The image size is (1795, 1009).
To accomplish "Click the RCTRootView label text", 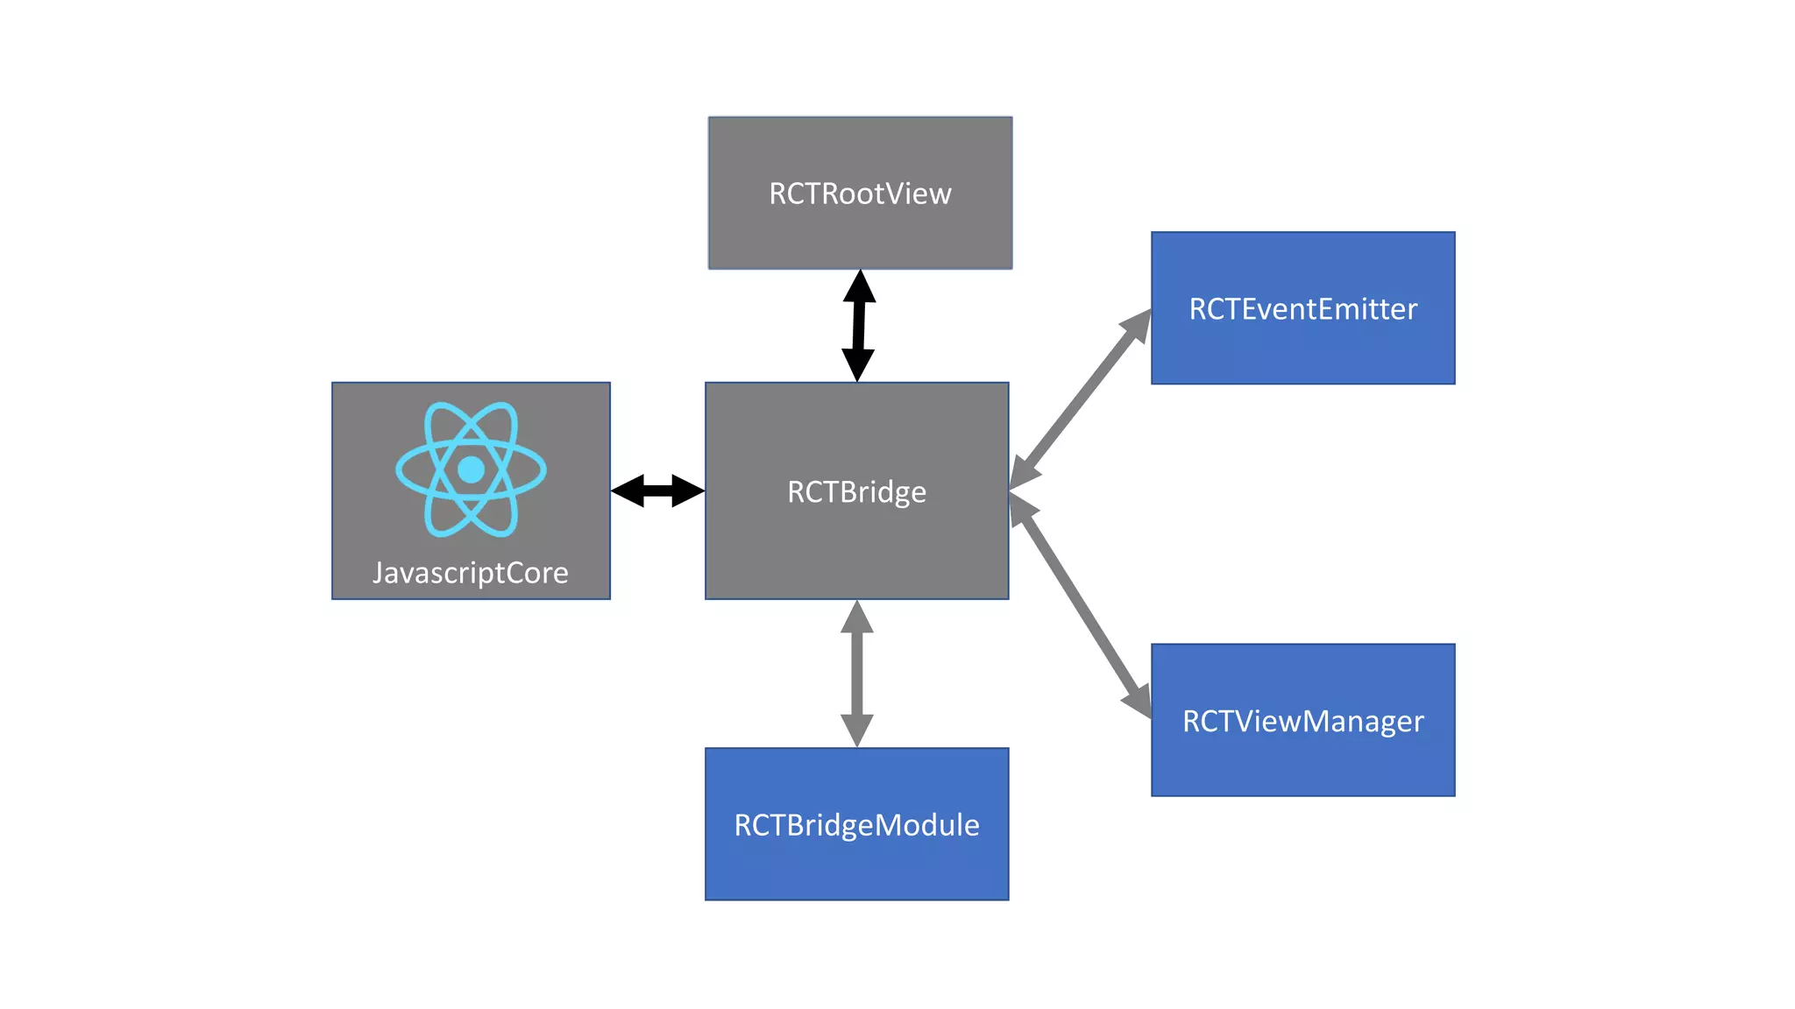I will (x=860, y=194).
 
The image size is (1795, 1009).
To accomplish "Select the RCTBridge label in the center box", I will (x=856, y=491).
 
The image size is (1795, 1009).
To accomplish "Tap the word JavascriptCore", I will (x=471, y=573).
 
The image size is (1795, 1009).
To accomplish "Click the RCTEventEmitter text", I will (x=1302, y=309).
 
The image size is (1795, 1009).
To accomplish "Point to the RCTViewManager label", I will (x=1302, y=721).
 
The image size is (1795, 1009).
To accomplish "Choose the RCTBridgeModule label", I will (x=856, y=825).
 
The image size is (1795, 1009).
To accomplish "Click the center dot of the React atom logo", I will (x=471, y=469).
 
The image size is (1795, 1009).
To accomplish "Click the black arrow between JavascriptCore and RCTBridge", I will (x=657, y=490).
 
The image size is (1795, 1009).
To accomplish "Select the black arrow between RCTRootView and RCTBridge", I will (x=859, y=326).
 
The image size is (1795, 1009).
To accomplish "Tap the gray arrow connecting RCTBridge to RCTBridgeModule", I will (x=856, y=674).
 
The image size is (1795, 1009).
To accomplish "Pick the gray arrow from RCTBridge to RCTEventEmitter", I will (x=1080, y=399).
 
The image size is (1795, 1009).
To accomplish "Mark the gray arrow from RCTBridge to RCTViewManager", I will (x=1080, y=604).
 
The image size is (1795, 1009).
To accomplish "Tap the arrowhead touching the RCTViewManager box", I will (x=1139, y=698).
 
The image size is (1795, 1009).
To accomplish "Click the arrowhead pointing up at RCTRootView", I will (x=860, y=286).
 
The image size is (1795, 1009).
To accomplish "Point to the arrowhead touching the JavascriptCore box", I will (x=628, y=490).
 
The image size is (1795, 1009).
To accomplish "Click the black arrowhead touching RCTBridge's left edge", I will (x=688, y=490).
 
